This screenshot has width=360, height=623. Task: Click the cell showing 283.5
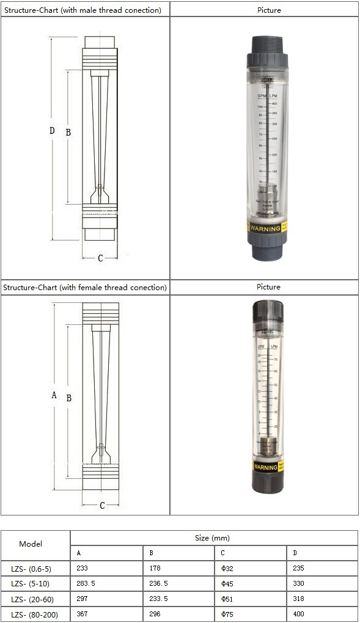pos(86,583)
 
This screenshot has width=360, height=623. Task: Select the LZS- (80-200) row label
pos(35,614)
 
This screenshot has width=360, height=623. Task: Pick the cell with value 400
pos(298,614)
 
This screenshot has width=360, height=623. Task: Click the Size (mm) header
pos(213,537)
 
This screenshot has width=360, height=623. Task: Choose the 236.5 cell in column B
pos(158,583)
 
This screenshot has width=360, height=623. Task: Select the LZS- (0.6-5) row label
pos(35,568)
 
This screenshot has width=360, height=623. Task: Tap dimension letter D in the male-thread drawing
pos(53,131)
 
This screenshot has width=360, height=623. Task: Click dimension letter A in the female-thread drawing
pos(54,395)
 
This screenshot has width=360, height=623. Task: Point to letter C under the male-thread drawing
pos(101,258)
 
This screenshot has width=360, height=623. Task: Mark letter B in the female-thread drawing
pos(69,398)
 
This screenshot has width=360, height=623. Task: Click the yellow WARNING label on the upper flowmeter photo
pos(266,228)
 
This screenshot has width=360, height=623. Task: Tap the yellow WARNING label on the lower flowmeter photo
pos(266,467)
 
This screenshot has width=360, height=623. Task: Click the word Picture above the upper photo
pos(268,10)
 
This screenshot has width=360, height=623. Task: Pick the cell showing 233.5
pos(158,599)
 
